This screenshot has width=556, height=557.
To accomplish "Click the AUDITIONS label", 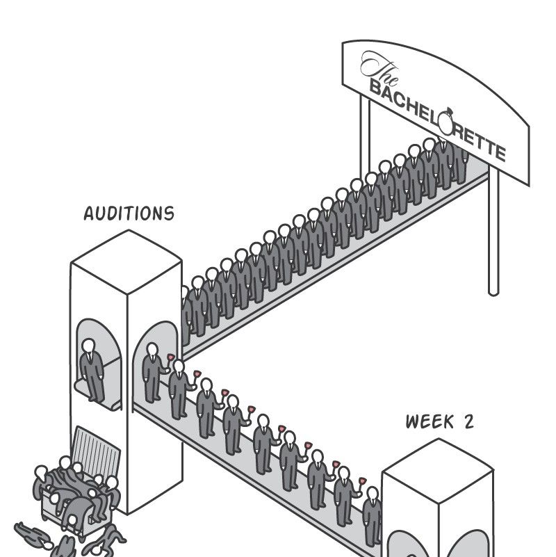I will coord(129,213).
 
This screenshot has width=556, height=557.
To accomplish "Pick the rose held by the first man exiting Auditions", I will coord(170,357).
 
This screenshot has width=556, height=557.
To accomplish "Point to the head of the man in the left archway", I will coord(89,346).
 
